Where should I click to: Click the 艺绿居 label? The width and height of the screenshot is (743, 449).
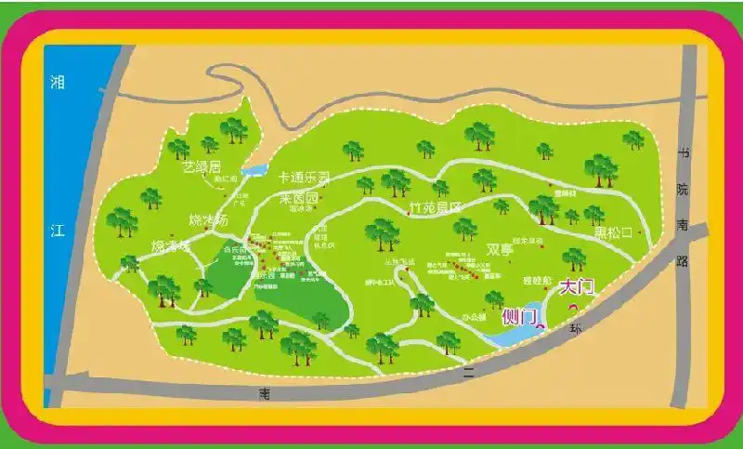pyautogui.click(x=202, y=167)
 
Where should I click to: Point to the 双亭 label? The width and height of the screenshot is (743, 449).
pyautogui.click(x=500, y=249)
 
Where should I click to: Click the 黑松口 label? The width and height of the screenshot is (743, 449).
pyautogui.click(x=613, y=231)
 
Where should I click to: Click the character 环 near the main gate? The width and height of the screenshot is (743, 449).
pyautogui.click(x=576, y=328)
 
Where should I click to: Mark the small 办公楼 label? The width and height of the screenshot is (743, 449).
pyautogui.click(x=474, y=317)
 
